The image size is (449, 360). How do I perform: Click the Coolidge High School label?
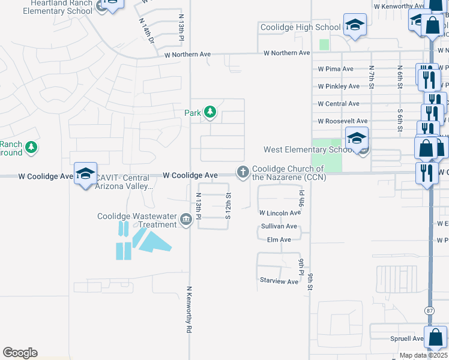pyautogui.click(x=300, y=27)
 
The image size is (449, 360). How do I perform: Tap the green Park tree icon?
pyautogui.click(x=210, y=112)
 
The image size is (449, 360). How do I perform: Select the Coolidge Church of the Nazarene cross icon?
pyautogui.click(x=243, y=173)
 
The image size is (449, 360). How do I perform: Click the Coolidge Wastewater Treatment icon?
pyautogui.click(x=186, y=221)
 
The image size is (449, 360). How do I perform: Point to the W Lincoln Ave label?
pyautogui.click(x=280, y=213)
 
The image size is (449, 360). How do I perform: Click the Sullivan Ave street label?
pyautogui.click(x=279, y=226)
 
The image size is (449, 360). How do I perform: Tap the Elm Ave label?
pyautogui.click(x=279, y=239)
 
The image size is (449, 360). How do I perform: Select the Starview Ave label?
pyautogui.click(x=279, y=281)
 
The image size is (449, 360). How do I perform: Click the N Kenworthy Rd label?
pyautogui.click(x=188, y=309)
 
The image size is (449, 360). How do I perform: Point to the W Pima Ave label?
pyautogui.click(x=336, y=69)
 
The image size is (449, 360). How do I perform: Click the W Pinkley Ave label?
pyautogui.click(x=339, y=86)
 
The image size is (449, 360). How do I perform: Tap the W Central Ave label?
pyautogui.click(x=339, y=104)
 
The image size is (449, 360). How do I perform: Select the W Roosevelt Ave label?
pyautogui.click(x=343, y=121)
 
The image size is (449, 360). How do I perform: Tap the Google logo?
pyautogui.click(x=20, y=353)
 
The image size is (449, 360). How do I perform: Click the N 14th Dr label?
pyautogui.click(x=146, y=30)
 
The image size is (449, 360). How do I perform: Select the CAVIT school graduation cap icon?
pyautogui.click(x=85, y=173)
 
